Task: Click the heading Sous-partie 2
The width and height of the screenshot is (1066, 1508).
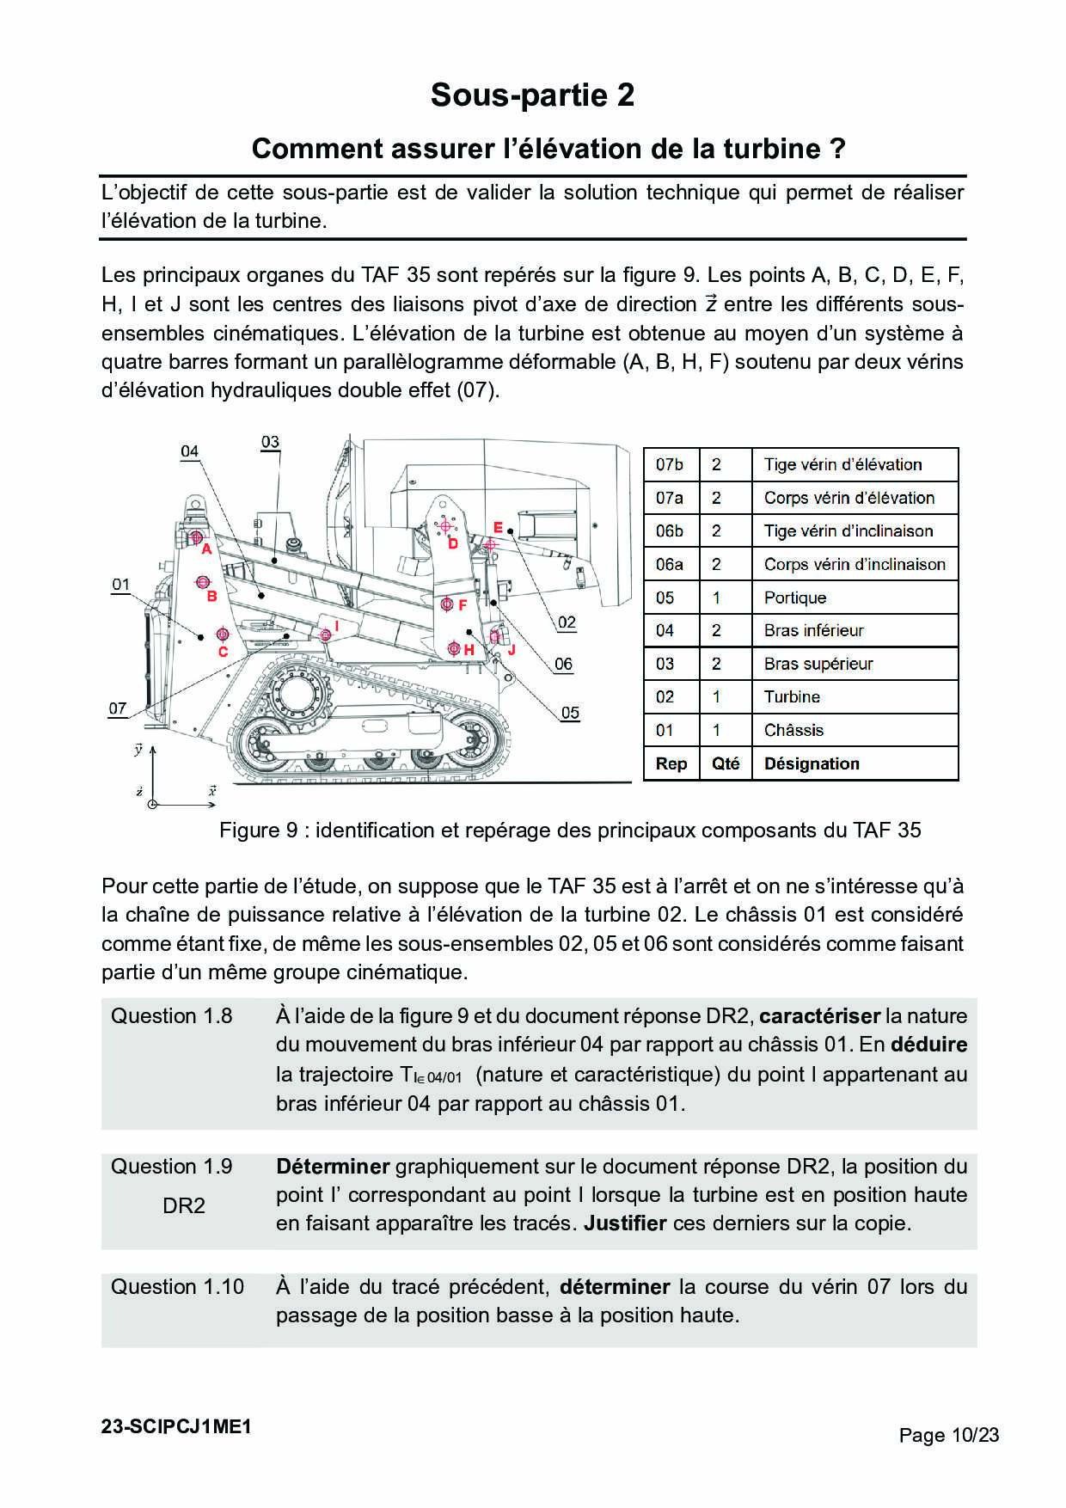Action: pos(532,95)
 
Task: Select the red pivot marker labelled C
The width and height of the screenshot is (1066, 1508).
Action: pos(223,634)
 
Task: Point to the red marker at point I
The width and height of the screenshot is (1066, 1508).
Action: pos(325,635)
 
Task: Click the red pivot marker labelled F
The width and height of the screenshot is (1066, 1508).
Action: pos(447,604)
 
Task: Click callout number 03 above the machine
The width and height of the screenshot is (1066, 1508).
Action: pos(270,442)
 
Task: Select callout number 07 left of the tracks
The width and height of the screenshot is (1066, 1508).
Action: pos(118,708)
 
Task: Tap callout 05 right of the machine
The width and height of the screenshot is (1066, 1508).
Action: pos(570,713)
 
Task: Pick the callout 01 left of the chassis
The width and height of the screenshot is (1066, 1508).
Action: pos(120,585)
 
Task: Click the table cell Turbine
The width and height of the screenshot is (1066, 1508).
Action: pos(792,697)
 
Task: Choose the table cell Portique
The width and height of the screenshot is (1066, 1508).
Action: pos(795,598)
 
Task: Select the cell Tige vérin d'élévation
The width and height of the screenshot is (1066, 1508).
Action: pos(843,464)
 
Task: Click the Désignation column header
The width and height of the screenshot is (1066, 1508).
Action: pos(812,763)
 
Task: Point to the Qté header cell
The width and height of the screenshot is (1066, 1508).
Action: pos(726,763)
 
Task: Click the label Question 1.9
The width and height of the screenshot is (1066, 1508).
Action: pos(172,1167)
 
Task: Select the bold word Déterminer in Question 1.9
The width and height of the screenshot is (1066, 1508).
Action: pos(333,1167)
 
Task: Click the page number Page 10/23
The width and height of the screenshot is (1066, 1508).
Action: pos(949,1435)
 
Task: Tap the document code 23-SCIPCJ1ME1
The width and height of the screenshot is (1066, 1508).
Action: pos(176,1426)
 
